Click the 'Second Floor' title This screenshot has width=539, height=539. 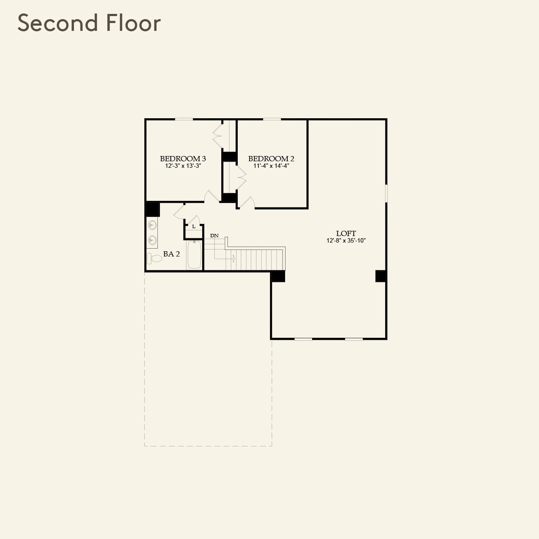(x=89, y=23)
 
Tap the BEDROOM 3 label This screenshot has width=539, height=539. (x=183, y=159)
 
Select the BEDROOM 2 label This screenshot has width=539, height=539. (x=271, y=159)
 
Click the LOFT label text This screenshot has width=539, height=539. (x=346, y=233)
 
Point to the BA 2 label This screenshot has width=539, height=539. (x=171, y=254)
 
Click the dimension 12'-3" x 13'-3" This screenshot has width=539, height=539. (x=183, y=166)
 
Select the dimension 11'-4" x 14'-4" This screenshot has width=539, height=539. (x=271, y=166)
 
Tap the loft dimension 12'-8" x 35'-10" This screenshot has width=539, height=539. (x=346, y=241)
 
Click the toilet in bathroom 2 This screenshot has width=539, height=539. (x=154, y=258)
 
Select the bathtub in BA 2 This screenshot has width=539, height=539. (x=194, y=255)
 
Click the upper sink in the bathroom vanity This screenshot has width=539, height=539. (x=152, y=225)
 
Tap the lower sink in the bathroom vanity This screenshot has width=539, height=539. (x=152, y=240)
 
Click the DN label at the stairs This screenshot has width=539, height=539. (x=214, y=236)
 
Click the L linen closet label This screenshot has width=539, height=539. (x=194, y=227)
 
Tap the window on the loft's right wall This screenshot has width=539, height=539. (x=386, y=193)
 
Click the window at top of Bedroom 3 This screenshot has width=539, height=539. (x=184, y=119)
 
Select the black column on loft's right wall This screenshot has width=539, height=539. (x=380, y=276)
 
